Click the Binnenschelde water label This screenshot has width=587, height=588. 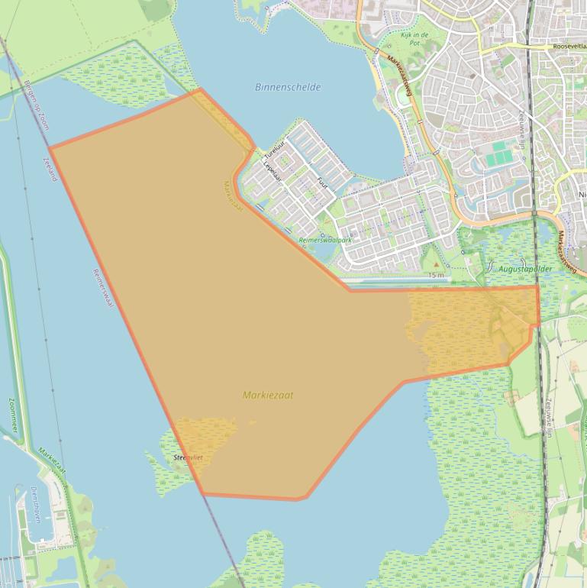tap(288, 87)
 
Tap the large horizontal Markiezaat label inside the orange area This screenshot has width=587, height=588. tap(267, 395)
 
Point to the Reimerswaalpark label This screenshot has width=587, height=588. tap(325, 240)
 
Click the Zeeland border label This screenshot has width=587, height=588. tap(51, 169)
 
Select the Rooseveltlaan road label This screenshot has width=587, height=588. tap(569, 47)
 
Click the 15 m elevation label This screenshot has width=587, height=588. tap(435, 275)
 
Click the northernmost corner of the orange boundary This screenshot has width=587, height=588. tap(200, 89)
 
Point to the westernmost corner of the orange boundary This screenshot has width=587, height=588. tap(50, 147)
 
